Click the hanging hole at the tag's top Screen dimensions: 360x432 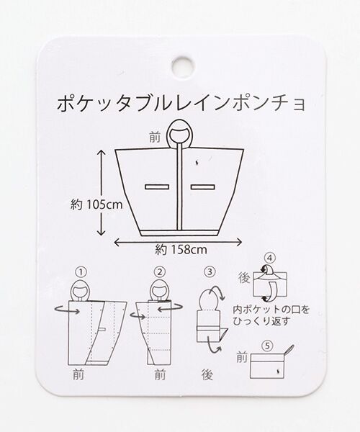[183, 66]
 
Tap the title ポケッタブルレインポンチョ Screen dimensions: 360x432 [181, 104]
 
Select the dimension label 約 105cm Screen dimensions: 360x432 [96, 204]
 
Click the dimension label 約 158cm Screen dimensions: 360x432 [181, 250]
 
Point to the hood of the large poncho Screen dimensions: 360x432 [179, 134]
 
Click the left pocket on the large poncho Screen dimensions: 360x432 [157, 187]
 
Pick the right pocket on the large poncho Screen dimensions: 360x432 [203, 187]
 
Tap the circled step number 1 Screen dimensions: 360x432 [81, 272]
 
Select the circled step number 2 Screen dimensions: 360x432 [160, 272]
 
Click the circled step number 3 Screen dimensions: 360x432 [210, 272]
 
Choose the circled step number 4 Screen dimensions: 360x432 [270, 258]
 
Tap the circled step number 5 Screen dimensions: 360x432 [267, 346]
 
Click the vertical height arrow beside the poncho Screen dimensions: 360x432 [102, 192]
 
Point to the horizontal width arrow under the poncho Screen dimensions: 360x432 [178, 242]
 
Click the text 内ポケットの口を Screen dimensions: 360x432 [271, 310]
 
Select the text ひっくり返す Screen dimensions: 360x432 [261, 321]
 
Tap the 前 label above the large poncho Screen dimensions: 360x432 [155, 138]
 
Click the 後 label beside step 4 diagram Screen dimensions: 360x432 [244, 278]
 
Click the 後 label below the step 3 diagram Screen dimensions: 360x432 [207, 374]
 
